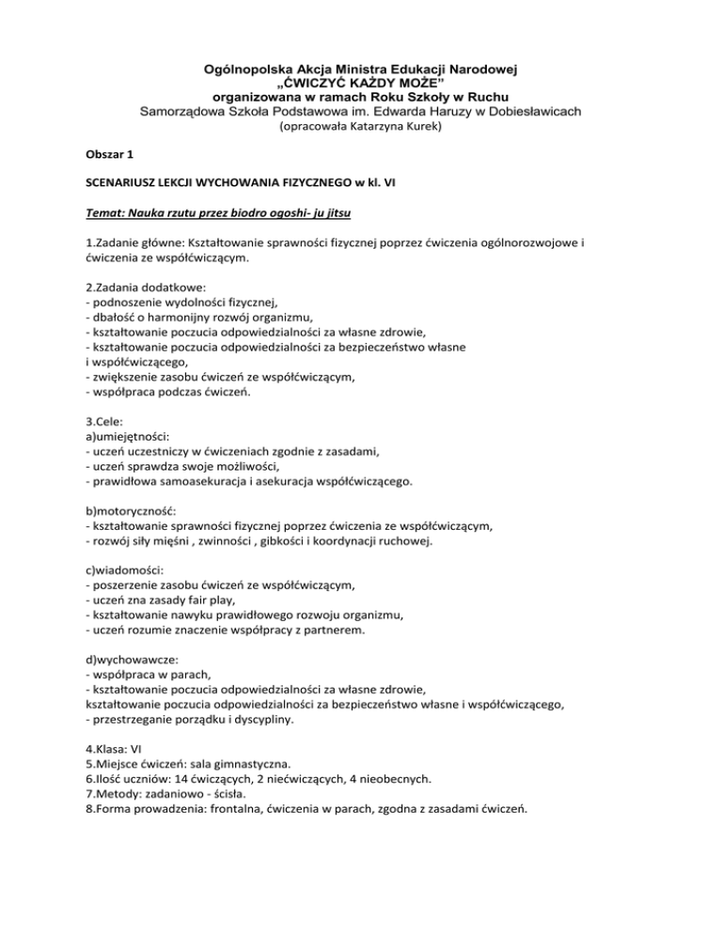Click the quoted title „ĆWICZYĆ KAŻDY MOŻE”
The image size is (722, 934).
click(361, 82)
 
